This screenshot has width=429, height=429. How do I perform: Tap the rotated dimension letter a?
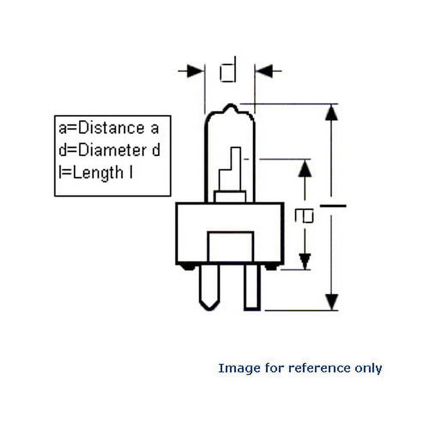304,216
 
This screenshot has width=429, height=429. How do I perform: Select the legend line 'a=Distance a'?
109,128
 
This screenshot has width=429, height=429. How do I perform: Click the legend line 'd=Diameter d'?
109,150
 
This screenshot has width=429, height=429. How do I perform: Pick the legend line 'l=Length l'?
95,173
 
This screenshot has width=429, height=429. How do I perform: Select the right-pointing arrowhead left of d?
195,71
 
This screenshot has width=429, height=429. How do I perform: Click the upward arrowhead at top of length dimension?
331,112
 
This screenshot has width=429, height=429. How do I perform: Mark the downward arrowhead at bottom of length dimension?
331,301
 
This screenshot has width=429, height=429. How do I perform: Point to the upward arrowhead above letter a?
305,169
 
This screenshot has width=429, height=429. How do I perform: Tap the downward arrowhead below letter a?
305,261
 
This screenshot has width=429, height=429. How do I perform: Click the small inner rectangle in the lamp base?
230,246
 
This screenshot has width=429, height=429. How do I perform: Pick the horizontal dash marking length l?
332,206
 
